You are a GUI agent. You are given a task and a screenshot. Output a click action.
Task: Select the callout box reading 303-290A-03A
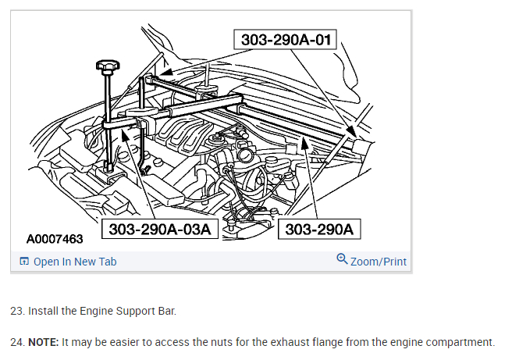(160, 230)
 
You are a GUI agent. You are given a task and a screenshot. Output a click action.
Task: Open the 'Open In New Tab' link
(75, 262)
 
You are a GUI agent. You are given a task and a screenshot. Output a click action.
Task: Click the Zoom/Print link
(379, 262)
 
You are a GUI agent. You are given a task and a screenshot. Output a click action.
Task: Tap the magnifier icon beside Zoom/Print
(342, 259)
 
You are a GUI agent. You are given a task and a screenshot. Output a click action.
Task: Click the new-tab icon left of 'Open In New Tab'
(24, 262)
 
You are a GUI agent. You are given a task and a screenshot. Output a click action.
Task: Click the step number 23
(16, 311)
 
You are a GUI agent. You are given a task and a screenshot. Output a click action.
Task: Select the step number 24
(16, 342)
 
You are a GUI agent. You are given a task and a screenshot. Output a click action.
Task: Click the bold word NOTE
(43, 342)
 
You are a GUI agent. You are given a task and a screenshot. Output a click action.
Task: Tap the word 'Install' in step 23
(43, 311)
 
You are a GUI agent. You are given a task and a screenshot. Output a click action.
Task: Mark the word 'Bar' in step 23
(165, 311)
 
